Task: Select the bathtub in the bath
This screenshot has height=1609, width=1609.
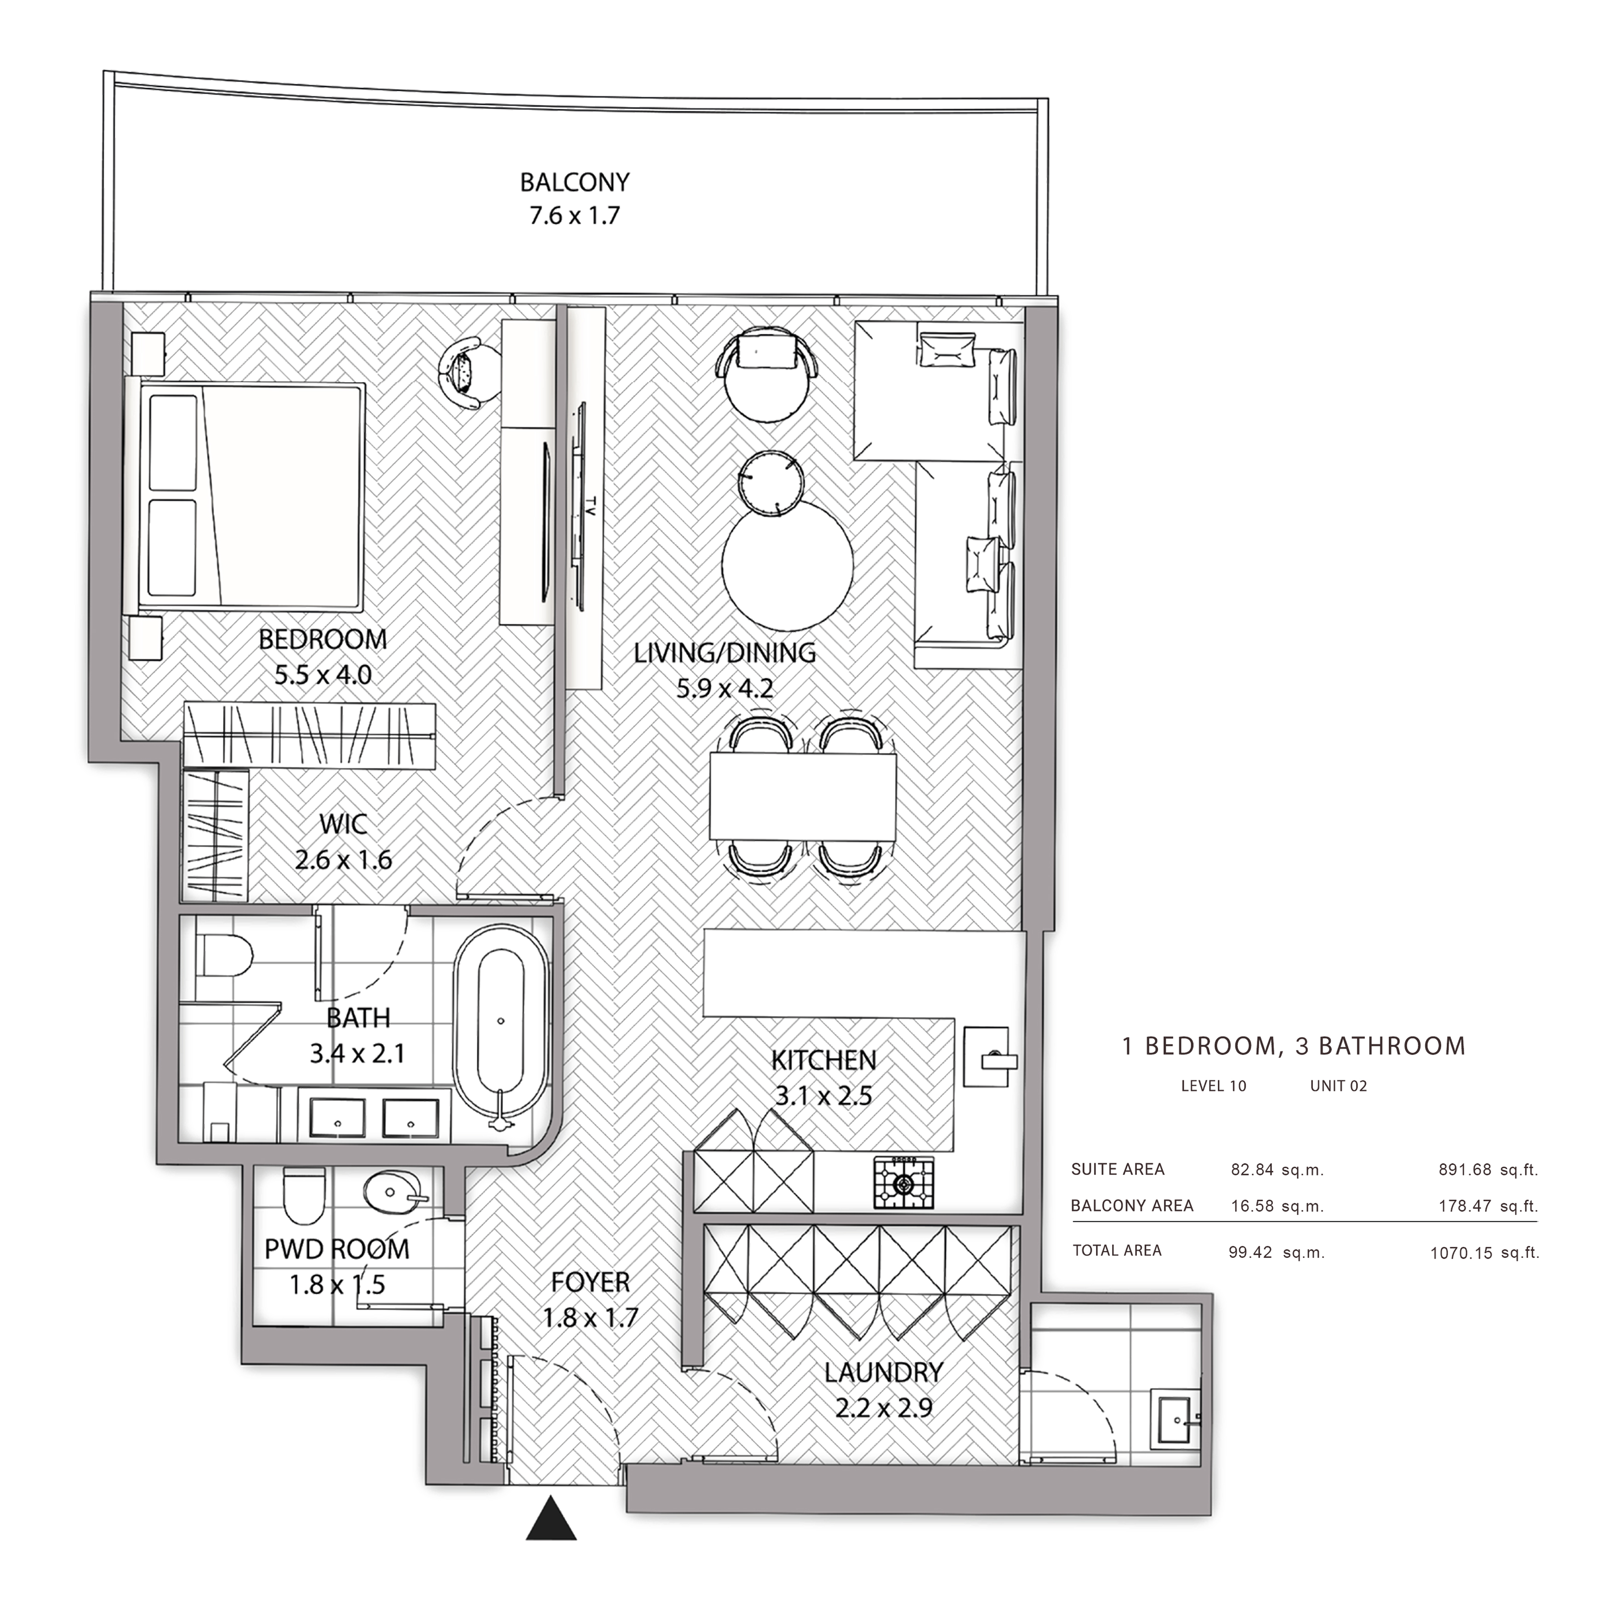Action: pos(501,1029)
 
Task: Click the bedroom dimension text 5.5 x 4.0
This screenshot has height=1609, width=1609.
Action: pos(323,674)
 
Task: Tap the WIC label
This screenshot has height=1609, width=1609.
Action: pos(343,824)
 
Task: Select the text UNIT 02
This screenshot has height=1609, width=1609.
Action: pos(1338,1086)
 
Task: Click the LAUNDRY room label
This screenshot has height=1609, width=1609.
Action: pos(884,1372)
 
